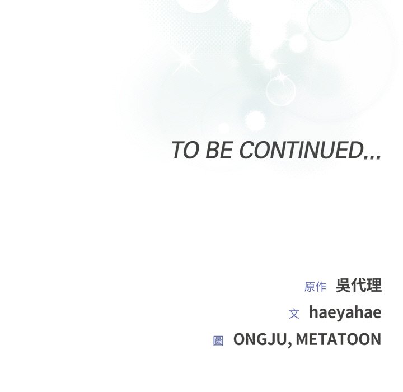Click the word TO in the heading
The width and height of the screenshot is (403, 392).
[185, 150]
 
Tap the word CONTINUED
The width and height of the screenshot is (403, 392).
[301, 150]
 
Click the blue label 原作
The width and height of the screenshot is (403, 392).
[315, 287]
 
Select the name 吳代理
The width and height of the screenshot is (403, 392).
[359, 286]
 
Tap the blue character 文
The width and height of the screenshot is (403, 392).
[294, 314]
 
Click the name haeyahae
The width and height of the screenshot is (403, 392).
[345, 312]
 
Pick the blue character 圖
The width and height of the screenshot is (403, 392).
[218, 340]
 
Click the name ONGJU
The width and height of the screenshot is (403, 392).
[260, 339]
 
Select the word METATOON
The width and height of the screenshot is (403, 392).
[339, 339]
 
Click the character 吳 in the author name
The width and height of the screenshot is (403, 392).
[344, 286]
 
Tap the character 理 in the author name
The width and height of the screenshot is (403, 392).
[374, 286]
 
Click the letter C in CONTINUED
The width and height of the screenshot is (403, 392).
[249, 150]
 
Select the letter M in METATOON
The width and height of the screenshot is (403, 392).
[303, 339]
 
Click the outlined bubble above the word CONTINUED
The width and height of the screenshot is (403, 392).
[280, 91]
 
